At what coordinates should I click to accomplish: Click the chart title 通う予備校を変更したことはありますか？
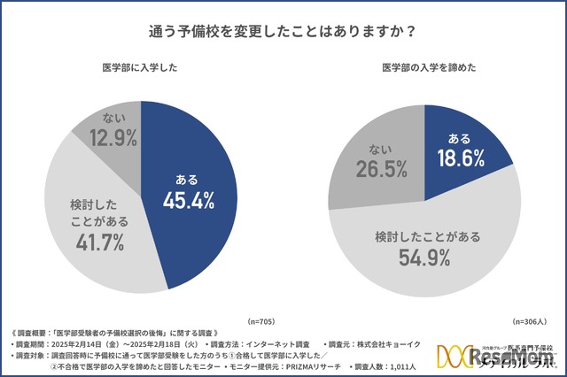click(283, 29)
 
